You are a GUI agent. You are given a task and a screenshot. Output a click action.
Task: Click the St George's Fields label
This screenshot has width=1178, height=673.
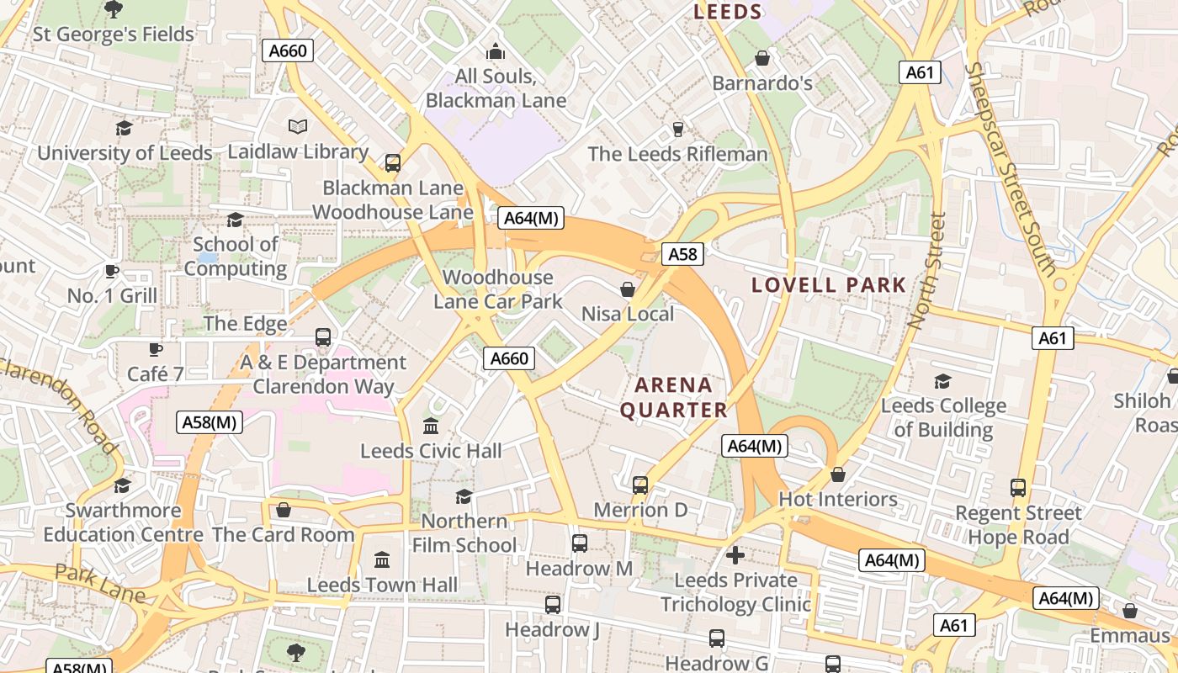(x=113, y=34)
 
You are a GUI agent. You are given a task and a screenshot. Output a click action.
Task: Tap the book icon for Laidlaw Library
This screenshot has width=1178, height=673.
(x=298, y=127)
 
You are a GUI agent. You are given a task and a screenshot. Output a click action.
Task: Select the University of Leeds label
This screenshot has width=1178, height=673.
(x=125, y=153)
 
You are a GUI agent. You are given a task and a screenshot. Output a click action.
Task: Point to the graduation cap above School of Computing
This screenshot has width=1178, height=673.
(x=235, y=220)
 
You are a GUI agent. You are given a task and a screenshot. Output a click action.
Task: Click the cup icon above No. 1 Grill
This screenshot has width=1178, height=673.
(x=111, y=271)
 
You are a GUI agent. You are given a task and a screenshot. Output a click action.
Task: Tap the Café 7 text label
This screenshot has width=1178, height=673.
(x=155, y=374)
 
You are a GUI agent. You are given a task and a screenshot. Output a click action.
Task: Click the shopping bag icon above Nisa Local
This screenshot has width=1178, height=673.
(x=628, y=290)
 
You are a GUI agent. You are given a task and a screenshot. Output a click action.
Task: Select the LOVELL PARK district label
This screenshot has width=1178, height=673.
(x=828, y=285)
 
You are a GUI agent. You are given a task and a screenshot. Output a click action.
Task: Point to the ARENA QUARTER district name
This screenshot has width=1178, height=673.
(x=673, y=398)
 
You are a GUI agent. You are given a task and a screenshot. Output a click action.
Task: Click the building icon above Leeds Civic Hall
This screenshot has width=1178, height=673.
(x=431, y=426)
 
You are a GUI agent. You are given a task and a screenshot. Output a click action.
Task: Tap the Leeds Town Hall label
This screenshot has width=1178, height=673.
(x=382, y=585)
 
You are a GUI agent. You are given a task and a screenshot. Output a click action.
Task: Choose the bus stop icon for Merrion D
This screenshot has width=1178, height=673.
(x=640, y=485)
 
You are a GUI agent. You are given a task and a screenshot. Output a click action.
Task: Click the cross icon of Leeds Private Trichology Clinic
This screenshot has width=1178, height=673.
(x=735, y=555)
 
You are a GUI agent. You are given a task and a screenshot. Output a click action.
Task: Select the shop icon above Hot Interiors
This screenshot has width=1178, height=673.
(x=838, y=475)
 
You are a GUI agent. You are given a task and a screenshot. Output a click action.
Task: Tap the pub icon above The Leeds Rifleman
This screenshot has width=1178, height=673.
(x=677, y=130)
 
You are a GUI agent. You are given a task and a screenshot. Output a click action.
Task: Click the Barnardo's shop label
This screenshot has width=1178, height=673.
(x=762, y=83)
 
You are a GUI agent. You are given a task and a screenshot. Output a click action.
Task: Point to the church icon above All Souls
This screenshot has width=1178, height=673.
(x=496, y=52)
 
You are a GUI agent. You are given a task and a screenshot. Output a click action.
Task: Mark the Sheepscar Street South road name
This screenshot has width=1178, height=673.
(x=1010, y=168)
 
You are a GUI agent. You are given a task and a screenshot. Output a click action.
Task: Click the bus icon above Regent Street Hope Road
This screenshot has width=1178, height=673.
(x=1018, y=488)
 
